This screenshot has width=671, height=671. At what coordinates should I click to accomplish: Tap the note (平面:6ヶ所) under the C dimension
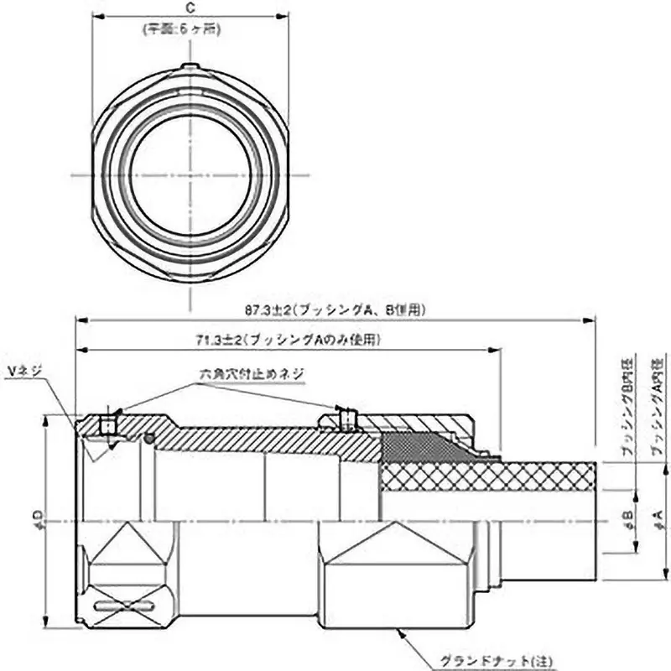coord(190,28)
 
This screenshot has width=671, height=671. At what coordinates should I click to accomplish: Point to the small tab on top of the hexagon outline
coord(190,67)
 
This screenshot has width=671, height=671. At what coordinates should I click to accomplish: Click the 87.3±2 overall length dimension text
coord(335,309)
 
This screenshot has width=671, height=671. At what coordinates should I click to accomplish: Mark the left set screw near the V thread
coord(107,424)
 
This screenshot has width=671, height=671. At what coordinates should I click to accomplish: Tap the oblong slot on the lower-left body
coord(124,606)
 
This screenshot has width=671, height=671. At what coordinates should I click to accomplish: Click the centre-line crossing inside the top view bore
coord(191,175)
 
